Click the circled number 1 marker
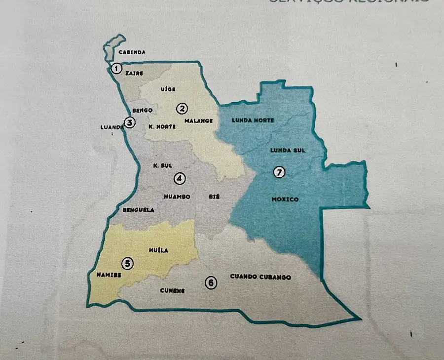[x=116, y=68]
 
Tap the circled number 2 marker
[x=183, y=109]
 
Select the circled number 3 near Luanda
[x=130, y=122]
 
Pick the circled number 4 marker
[x=180, y=179]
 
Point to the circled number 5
[x=128, y=264]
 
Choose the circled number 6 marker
[x=211, y=283]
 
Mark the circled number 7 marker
[x=279, y=172]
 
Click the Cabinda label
[x=131, y=52]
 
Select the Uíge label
[x=168, y=89]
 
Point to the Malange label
[x=198, y=121]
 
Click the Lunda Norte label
[x=253, y=120]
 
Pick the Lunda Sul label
[x=288, y=150]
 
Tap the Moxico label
[x=285, y=200]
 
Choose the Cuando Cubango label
[x=260, y=277]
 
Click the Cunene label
[x=172, y=290]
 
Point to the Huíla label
[x=158, y=250]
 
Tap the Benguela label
[x=138, y=210]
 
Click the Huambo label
[x=177, y=197]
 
